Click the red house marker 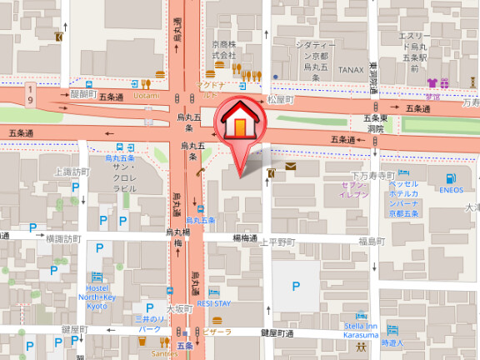[x=240, y=122]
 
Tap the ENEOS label [x=451, y=189]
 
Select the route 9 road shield [x=31, y=92]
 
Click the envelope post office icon [x=290, y=167]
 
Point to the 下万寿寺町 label [x=371, y=176]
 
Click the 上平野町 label [x=277, y=242]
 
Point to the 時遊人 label [x=392, y=342]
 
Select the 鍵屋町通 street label [x=277, y=333]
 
